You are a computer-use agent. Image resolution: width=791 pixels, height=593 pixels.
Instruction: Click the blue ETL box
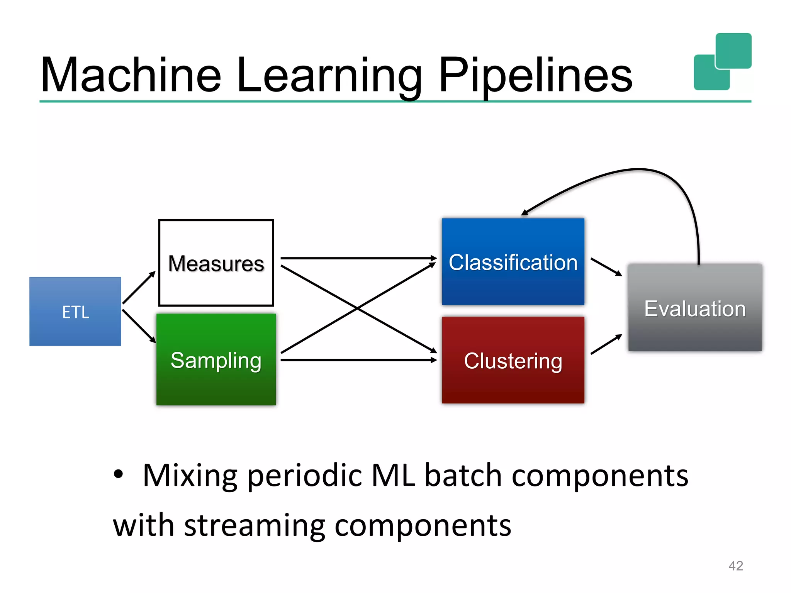75,311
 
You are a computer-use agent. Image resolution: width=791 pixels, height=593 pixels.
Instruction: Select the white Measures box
216,263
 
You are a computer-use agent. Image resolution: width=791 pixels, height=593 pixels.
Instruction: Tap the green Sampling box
216,359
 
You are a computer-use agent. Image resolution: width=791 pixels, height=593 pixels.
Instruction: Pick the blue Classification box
513,262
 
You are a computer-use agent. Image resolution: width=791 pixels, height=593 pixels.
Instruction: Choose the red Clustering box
513,360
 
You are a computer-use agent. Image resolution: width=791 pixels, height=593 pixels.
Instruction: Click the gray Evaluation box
694,308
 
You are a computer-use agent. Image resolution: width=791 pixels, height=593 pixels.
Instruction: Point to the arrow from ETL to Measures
139,288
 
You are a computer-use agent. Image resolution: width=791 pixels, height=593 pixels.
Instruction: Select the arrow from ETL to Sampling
139,326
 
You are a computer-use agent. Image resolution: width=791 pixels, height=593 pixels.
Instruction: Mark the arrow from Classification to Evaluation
606,267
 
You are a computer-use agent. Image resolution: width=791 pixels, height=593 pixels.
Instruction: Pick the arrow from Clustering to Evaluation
606,344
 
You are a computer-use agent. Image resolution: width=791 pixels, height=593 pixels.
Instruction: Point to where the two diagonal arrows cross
358,308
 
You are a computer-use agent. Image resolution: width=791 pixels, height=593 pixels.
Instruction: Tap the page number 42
735,566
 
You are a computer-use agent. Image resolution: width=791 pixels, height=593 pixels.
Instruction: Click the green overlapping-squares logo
722,62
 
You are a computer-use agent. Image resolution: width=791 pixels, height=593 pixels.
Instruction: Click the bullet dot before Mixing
119,474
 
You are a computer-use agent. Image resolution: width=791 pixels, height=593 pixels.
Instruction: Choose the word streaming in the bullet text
255,526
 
